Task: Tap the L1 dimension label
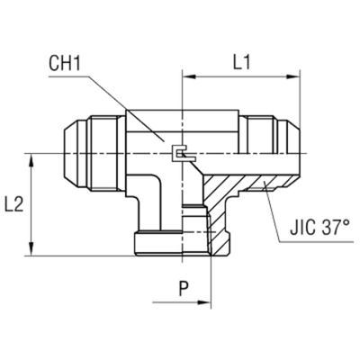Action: click(239, 65)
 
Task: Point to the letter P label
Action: click(184, 289)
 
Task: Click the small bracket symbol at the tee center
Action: click(183, 156)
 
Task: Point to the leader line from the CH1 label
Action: click(126, 108)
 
